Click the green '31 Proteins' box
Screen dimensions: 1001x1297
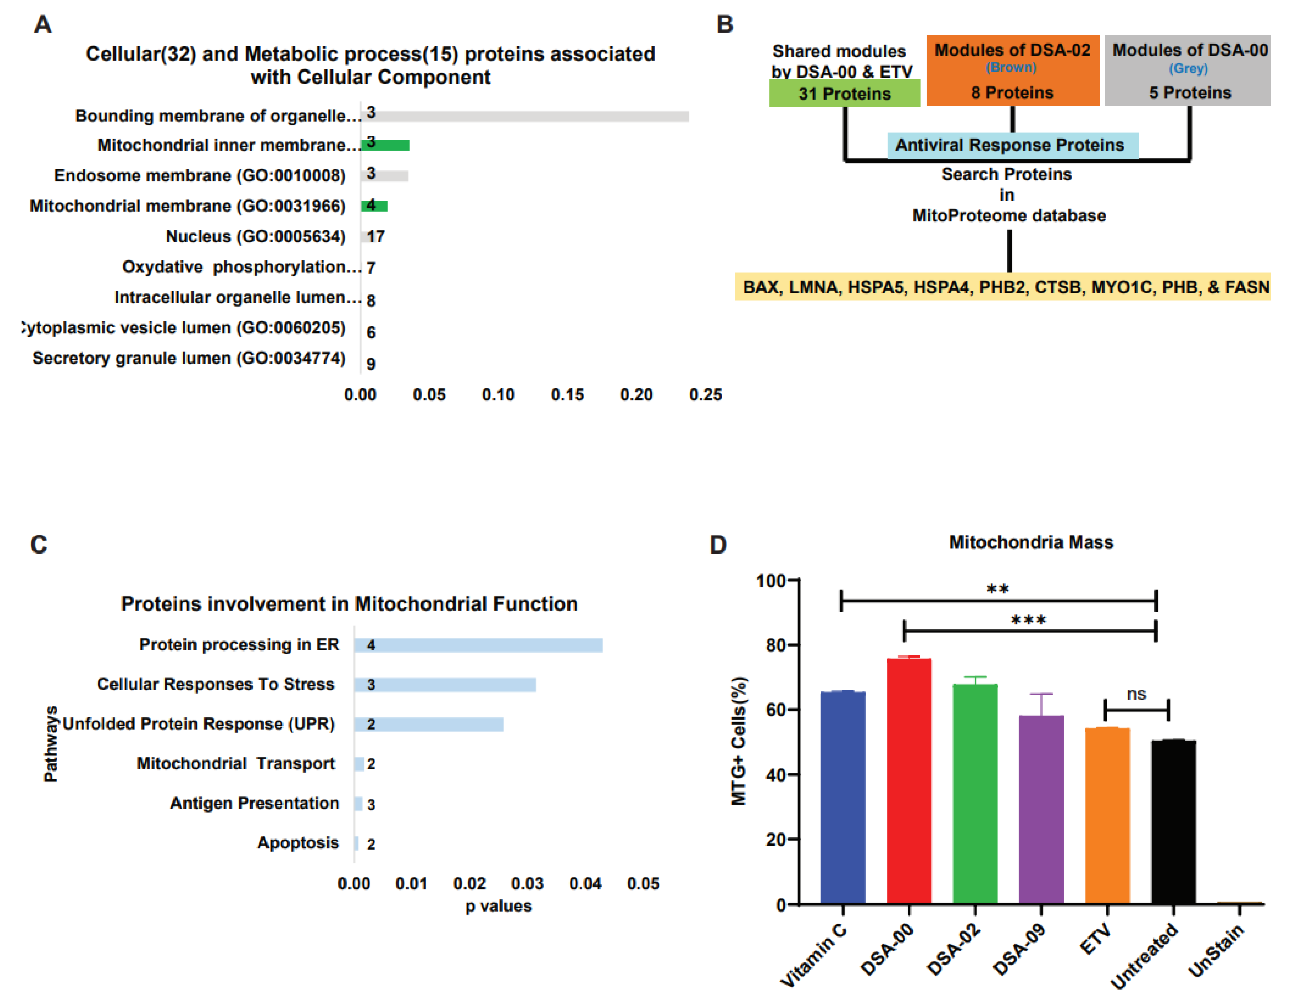(x=844, y=93)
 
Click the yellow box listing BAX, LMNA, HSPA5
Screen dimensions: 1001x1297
(x=1002, y=287)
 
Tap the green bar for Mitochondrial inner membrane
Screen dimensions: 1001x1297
(x=386, y=145)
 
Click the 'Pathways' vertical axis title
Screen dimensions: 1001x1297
(x=51, y=744)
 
